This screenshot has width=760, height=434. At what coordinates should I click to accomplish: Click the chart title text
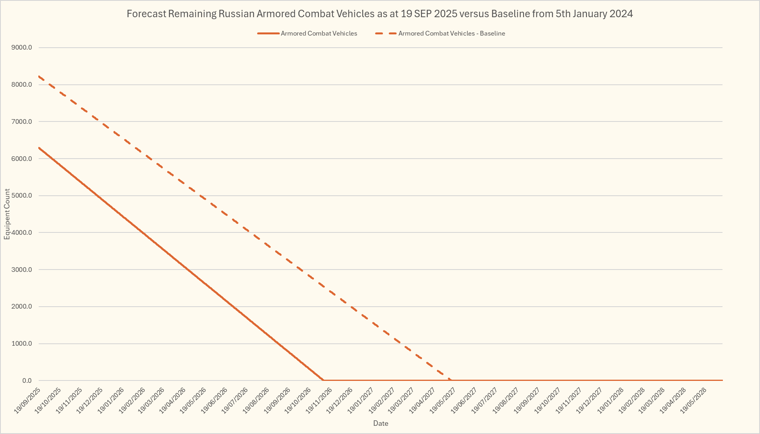[379, 14]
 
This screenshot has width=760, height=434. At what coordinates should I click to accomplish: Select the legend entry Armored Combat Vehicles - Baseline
[451, 34]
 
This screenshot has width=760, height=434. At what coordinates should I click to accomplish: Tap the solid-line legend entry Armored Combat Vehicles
[318, 34]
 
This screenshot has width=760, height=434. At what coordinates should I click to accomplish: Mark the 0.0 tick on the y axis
[27, 380]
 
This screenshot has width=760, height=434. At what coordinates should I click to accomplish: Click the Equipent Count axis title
[7, 214]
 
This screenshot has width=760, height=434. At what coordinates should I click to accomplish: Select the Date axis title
[381, 423]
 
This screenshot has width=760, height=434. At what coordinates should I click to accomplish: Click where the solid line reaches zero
[323, 380]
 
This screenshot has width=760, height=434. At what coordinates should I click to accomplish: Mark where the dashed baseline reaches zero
[451, 380]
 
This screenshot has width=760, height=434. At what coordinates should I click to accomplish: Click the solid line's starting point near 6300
[39, 148]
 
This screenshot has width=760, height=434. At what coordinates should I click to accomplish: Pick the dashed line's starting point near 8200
[39, 76]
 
